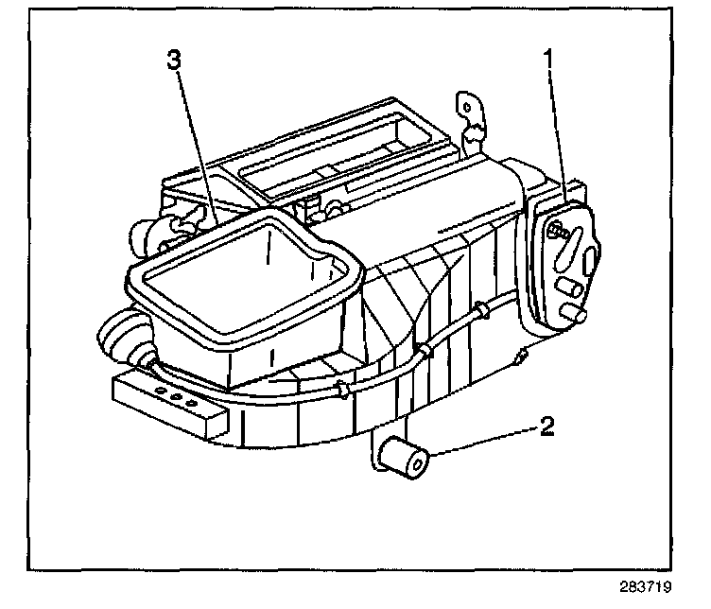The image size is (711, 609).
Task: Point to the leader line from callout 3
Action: (194, 142)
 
